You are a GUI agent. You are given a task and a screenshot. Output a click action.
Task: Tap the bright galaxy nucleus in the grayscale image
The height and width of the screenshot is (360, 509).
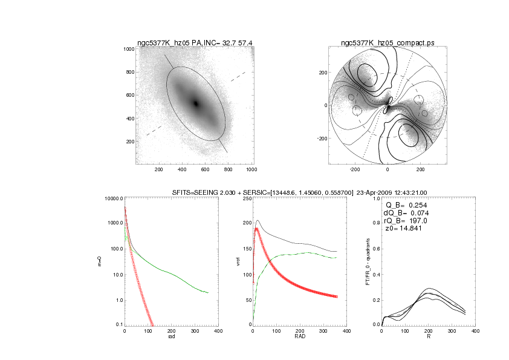[195, 103]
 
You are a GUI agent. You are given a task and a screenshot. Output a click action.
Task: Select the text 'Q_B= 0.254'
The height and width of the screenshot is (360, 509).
[410, 205]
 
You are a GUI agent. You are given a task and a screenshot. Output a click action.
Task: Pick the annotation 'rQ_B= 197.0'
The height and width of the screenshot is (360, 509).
[409, 221]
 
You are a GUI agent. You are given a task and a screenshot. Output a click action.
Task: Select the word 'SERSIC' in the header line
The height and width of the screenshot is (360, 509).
[250, 192]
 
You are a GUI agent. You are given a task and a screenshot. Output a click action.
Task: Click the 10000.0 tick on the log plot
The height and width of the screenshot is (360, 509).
[114, 198]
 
